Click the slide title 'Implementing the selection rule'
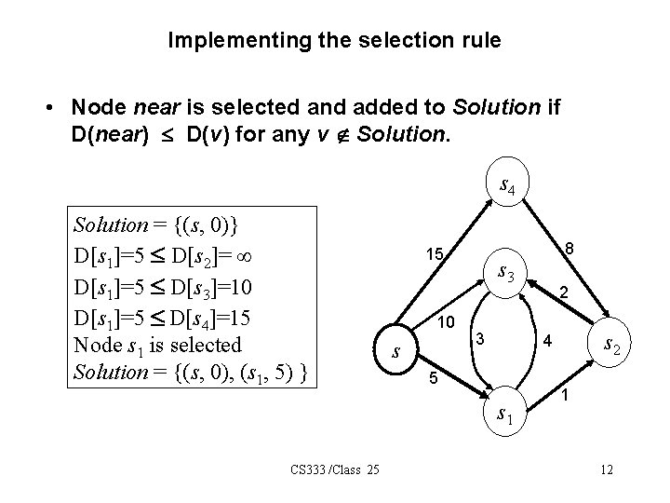(x=334, y=40)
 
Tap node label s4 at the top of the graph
(x=507, y=187)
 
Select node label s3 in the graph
(x=508, y=273)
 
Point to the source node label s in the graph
(x=396, y=352)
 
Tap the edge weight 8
(x=572, y=248)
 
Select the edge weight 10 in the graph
(x=445, y=321)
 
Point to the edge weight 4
(x=548, y=343)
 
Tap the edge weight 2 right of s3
(x=564, y=292)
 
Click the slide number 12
(x=608, y=468)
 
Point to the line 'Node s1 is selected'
(x=156, y=344)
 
